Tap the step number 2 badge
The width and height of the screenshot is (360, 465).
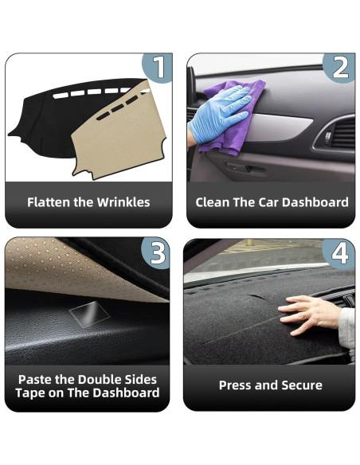pos(340,68)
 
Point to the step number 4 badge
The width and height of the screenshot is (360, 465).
pos(340,253)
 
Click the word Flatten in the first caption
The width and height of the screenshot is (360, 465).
pos(48,202)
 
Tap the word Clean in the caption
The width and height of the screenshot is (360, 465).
pos(213,202)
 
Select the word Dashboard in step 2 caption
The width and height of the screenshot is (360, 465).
pos(315,202)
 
